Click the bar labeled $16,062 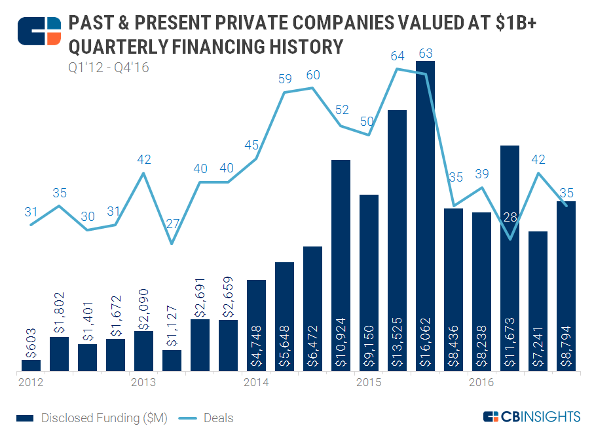point(425,216)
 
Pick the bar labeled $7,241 point(538,302)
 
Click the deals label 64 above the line point(398,56)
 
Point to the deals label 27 point(172,223)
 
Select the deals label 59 point(285,80)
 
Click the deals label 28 point(510,218)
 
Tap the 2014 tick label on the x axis point(255,382)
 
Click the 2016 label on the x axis point(481,382)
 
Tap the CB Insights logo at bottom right point(531,416)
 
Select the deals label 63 point(426,53)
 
